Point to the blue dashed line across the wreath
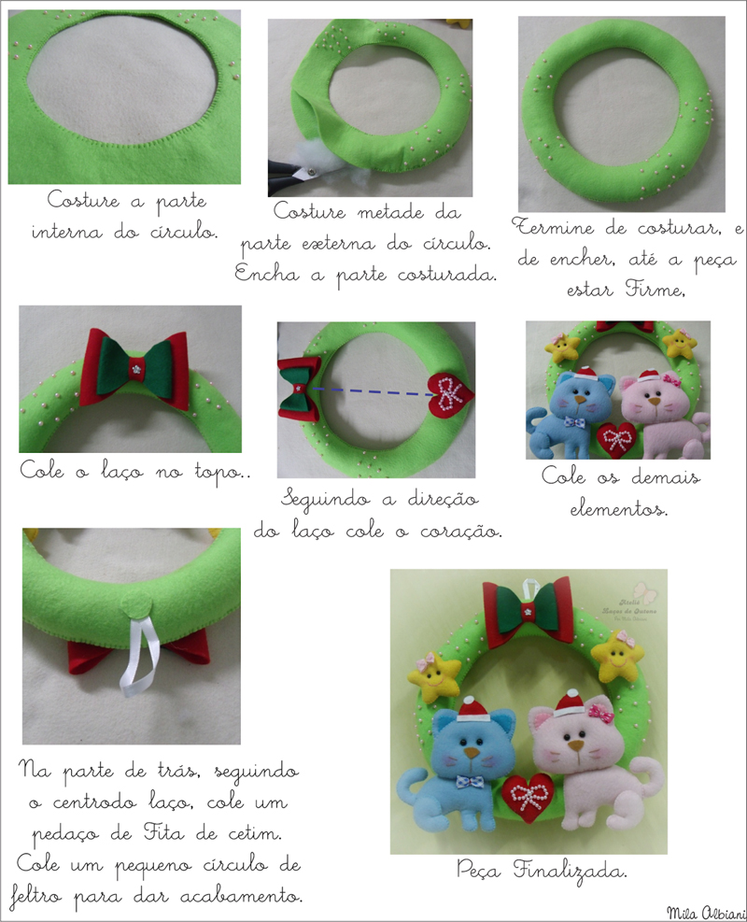tap(372, 391)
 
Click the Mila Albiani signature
tap(706, 912)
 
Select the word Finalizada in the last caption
tap(569, 871)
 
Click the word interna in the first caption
tap(66, 232)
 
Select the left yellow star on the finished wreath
tap(433, 676)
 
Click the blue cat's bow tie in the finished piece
tap(472, 783)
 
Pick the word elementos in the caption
tap(619, 508)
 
